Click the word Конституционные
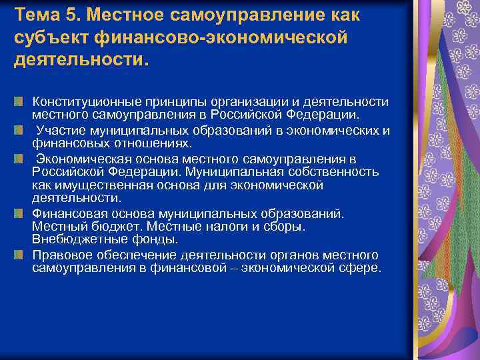83,101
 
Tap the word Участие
58,130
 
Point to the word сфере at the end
362,268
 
